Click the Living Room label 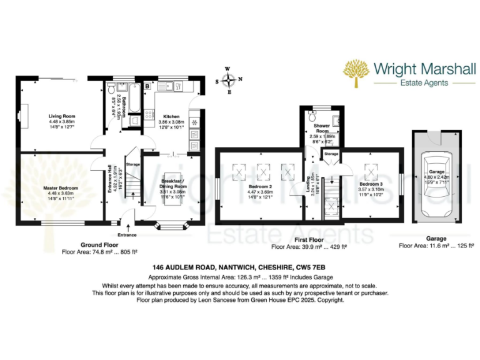pos(62,116)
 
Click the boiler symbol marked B pos(147,86)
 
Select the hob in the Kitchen pos(150,114)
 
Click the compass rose pos(229,80)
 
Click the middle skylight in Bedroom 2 pos(262,171)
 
